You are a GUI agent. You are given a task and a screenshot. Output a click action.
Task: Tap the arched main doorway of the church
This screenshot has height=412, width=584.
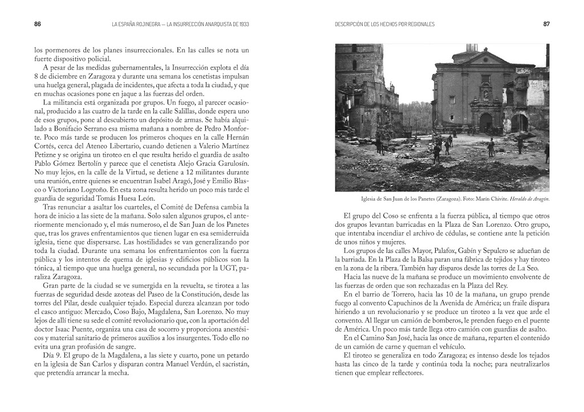(x=485, y=122)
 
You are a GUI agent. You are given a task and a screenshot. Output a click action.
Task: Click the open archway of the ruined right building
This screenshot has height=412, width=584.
(x=519, y=123)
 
